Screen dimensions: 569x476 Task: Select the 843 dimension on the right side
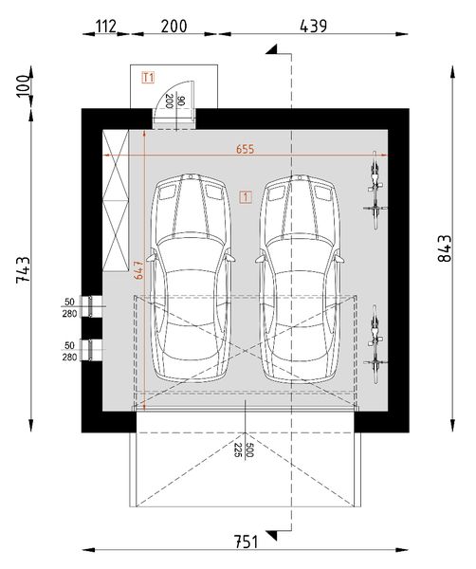pyautogui.click(x=446, y=250)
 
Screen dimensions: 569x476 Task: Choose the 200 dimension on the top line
pyautogui.click(x=174, y=26)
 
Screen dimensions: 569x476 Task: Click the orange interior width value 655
pyautogui.click(x=246, y=148)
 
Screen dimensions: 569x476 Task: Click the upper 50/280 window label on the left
pyautogui.click(x=69, y=309)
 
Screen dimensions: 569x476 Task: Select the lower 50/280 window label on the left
pyautogui.click(x=69, y=352)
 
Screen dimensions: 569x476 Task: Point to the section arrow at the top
pyautogui.click(x=276, y=48)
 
